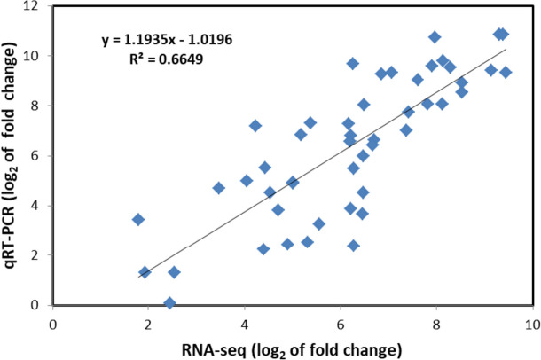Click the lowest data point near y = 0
(170, 303)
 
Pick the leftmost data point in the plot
(138, 220)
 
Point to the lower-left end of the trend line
(139, 277)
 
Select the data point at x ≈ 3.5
(219, 188)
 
